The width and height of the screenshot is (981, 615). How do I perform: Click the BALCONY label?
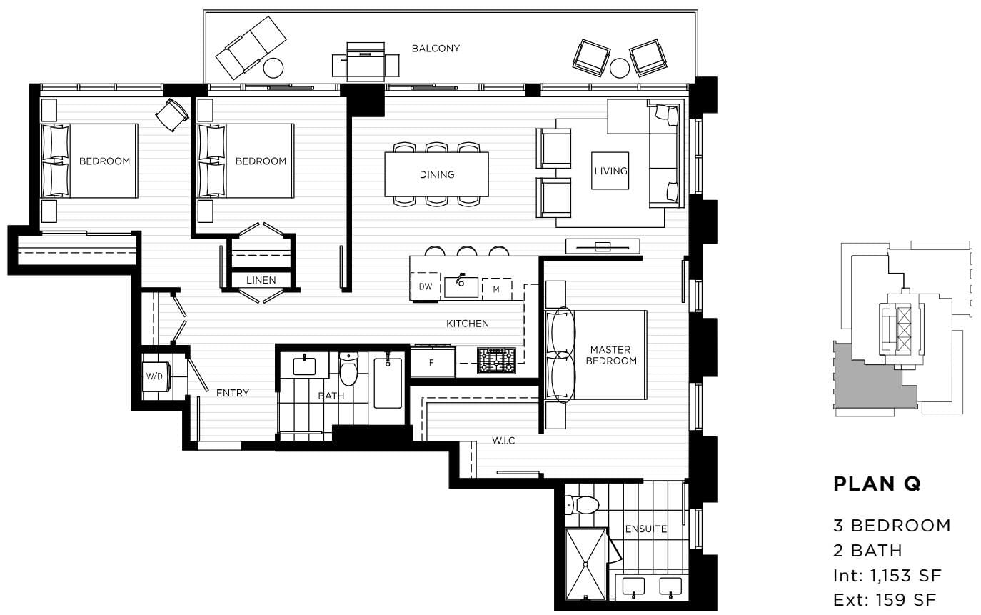[436, 49]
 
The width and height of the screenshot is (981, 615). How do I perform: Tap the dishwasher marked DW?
[425, 286]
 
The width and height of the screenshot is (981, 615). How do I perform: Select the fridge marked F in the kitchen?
[432, 362]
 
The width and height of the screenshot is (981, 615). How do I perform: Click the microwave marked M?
[497, 289]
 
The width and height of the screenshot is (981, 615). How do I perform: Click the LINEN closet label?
[261, 280]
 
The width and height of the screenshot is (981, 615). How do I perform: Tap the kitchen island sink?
[461, 286]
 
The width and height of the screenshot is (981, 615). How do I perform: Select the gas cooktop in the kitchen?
[495, 361]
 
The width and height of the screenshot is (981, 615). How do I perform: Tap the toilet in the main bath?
[348, 369]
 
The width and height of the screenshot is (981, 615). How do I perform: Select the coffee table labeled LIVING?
[610, 171]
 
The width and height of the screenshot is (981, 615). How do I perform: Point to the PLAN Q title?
[877, 484]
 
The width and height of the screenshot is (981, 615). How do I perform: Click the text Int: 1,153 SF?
[886, 576]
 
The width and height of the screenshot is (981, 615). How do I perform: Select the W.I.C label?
[503, 441]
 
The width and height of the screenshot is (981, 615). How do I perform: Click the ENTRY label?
[233, 393]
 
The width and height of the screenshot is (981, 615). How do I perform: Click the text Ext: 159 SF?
[882, 600]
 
